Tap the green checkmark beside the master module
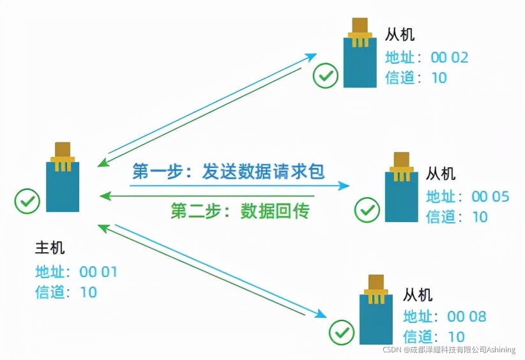click(x=27, y=201)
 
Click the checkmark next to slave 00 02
click(x=326, y=77)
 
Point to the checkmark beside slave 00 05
click(x=367, y=209)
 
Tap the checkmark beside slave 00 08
click(x=342, y=332)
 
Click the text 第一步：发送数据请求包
click(x=229, y=171)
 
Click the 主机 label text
click(x=49, y=247)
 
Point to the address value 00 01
click(x=98, y=272)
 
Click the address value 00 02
click(x=450, y=57)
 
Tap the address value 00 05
click(x=490, y=196)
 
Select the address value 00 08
click(x=467, y=317)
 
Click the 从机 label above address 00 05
click(x=441, y=173)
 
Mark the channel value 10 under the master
click(x=88, y=292)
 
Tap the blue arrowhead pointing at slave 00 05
click(x=345, y=186)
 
